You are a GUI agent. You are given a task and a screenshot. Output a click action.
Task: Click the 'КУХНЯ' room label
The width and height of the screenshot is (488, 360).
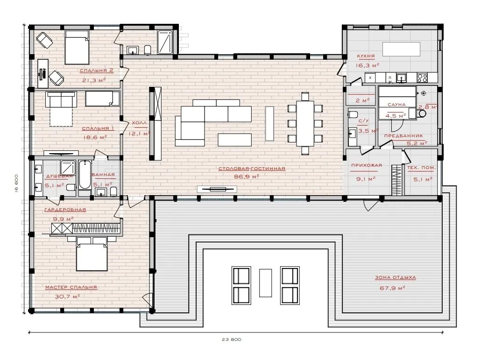pos(366,56)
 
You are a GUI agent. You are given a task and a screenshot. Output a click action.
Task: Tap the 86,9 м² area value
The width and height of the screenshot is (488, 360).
pos(247,177)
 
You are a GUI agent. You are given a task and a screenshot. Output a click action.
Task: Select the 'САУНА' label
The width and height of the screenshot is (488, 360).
pos(396,105)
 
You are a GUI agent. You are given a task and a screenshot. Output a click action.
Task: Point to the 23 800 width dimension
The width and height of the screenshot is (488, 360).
pos(232,339)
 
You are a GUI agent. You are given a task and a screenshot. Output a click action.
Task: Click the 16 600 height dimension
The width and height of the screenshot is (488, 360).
pos(16,184)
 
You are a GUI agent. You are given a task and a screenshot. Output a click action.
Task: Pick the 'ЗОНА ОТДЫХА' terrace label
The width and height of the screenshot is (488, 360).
pos(395,277)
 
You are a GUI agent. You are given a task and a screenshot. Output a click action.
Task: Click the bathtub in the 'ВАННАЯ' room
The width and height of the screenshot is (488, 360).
pos(85,175)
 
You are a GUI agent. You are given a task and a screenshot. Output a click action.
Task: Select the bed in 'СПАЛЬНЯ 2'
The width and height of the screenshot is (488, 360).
pos(77,47)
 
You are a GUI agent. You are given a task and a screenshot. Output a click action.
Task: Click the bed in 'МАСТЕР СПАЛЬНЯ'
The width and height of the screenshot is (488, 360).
pos(92,254)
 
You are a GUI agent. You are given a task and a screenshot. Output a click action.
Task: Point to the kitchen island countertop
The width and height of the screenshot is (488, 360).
pos(401,49)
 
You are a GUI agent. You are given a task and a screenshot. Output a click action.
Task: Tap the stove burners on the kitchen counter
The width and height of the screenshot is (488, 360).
pos(422,78)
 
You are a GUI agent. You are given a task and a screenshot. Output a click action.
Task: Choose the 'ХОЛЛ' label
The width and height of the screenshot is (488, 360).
pos(139,123)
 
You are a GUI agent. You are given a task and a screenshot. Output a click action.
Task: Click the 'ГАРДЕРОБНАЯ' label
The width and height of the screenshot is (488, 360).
pos(65,210)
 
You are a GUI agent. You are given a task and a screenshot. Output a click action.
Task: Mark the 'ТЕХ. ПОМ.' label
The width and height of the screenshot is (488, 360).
pos(421,168)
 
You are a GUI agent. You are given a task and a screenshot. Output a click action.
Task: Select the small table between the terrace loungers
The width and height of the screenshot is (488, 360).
pos(265,283)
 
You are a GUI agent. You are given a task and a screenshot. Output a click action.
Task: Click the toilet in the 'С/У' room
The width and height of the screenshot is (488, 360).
pos(353,114)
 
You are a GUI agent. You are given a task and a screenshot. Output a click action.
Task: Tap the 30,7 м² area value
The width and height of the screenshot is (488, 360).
pos(67,297)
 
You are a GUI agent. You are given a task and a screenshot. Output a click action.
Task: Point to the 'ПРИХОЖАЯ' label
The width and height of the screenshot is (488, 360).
pos(366,165)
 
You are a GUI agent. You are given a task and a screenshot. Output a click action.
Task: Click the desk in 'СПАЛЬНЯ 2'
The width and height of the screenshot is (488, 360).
pos(43,73)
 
